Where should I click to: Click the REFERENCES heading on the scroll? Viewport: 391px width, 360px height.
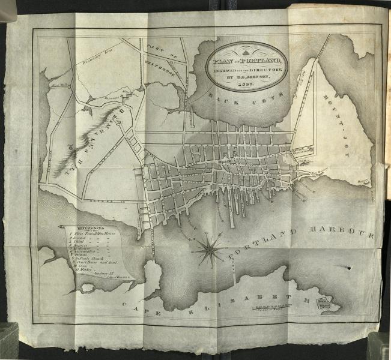click(x=88, y=229)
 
